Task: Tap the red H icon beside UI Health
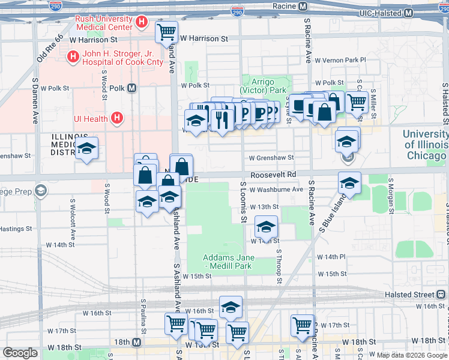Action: tap(117, 119)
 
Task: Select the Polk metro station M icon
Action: tap(131, 88)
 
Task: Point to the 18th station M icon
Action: tap(137, 342)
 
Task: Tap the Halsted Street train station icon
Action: tap(442, 295)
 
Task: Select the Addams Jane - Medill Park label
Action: tap(228, 262)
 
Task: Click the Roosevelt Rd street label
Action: tap(274, 175)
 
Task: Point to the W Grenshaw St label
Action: tap(271, 158)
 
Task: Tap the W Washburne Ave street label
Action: tap(276, 189)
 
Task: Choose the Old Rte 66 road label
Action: tap(50, 49)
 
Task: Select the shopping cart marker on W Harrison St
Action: tap(166, 32)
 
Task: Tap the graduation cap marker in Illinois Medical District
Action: tap(87, 148)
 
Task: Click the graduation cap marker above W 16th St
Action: tap(231, 307)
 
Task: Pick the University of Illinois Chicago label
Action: tap(425, 145)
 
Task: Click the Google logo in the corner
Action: tap(20, 353)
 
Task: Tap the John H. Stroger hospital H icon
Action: tap(73, 57)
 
